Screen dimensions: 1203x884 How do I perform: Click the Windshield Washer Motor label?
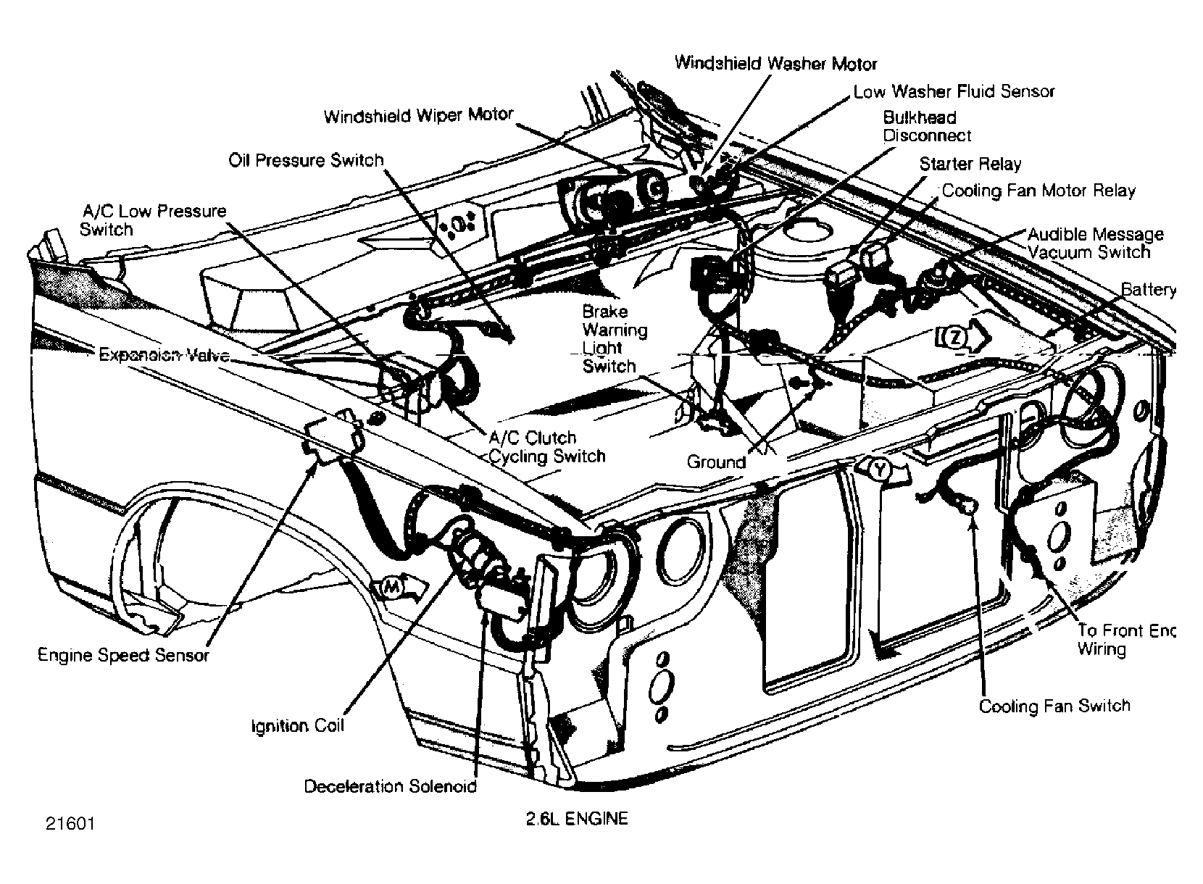point(775,63)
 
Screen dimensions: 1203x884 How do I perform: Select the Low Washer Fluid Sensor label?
point(954,92)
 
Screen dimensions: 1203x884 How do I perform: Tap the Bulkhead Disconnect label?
point(927,126)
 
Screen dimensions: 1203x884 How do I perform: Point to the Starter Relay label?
point(970,164)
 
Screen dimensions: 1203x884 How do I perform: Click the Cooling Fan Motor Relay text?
point(1038,191)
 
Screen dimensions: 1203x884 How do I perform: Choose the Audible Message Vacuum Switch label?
point(1096,243)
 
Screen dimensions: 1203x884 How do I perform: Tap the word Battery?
point(1148,290)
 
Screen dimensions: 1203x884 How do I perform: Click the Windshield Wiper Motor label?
point(418,115)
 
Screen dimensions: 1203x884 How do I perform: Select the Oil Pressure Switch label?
point(306,161)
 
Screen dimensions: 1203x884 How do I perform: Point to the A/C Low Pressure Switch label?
point(153,220)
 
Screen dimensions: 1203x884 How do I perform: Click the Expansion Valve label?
point(165,355)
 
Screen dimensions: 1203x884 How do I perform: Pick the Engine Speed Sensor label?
point(123,655)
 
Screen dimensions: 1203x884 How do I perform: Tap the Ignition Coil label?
point(298,726)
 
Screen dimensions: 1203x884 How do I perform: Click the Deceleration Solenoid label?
point(390,786)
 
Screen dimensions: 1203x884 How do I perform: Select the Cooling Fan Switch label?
point(1054,706)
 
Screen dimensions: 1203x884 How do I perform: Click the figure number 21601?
point(70,823)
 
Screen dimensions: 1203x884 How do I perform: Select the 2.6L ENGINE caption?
point(577,819)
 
